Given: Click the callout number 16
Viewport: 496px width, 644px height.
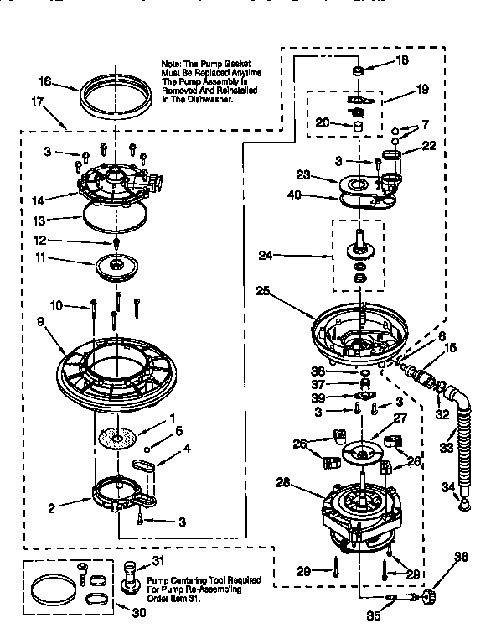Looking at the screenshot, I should pos(44,82).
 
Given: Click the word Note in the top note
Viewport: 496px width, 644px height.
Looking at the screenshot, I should pos(172,65).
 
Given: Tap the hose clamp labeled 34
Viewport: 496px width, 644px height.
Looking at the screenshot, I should pos(460,501).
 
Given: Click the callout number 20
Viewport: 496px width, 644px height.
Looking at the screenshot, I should pos(321,122).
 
